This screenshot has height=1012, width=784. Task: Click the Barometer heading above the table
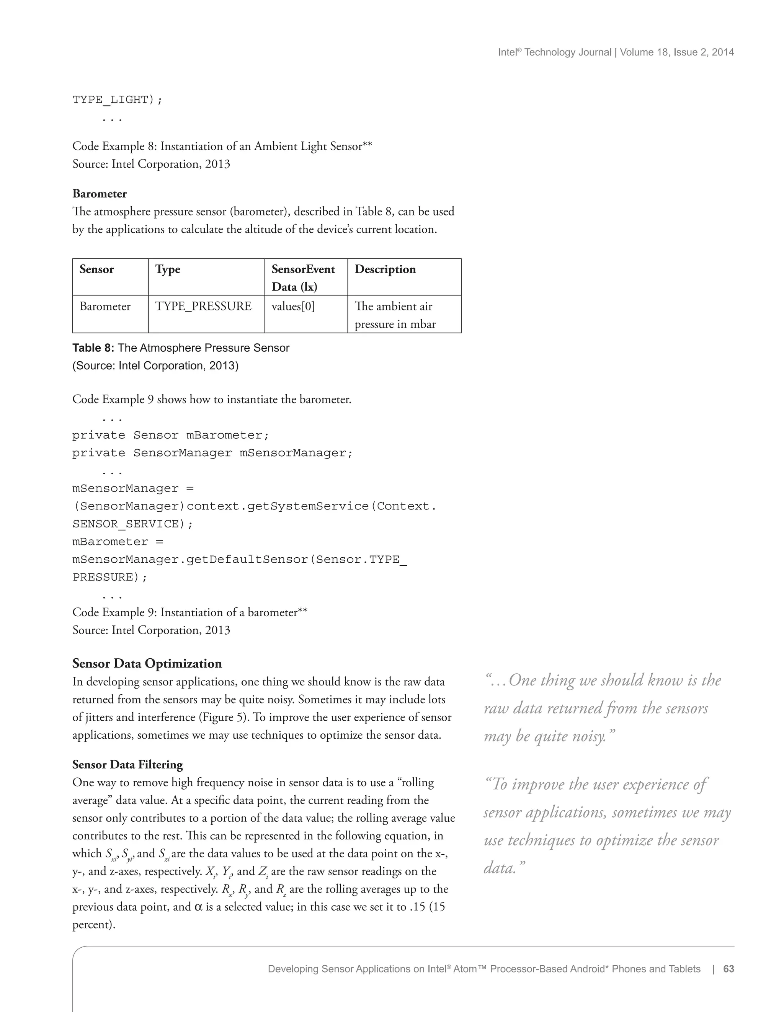tap(99, 194)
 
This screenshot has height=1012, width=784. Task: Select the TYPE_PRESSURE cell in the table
tap(203, 306)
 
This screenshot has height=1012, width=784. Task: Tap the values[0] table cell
tap(293, 306)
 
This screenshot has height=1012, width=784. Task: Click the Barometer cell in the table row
tap(105, 306)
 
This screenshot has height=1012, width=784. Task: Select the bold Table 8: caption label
tap(93, 348)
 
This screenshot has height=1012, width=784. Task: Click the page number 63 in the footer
tap(728, 969)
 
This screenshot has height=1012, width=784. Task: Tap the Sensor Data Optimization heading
tap(147, 664)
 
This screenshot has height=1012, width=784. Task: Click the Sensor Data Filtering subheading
tap(127, 765)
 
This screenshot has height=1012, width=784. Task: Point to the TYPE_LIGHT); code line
tap(117, 100)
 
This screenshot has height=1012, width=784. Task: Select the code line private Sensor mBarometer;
tap(170, 435)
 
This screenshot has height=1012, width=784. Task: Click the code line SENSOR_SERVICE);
tap(132, 524)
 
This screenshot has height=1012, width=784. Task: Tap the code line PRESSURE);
tap(110, 577)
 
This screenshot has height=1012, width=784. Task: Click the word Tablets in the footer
tap(683, 969)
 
